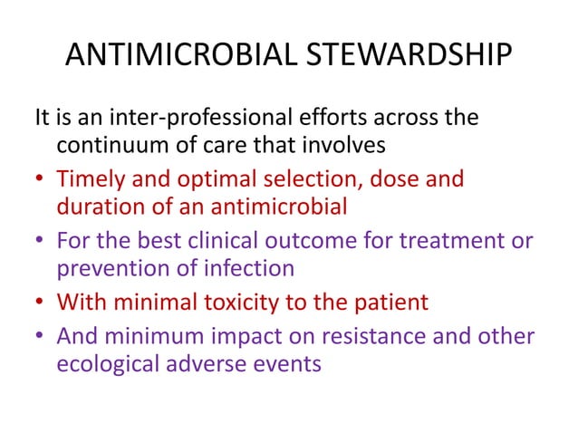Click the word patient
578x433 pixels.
(x=394, y=301)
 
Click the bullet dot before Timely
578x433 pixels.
(x=40, y=179)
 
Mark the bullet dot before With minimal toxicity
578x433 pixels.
(x=40, y=302)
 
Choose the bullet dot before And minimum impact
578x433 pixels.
(x=40, y=336)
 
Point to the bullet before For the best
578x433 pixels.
(x=40, y=241)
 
